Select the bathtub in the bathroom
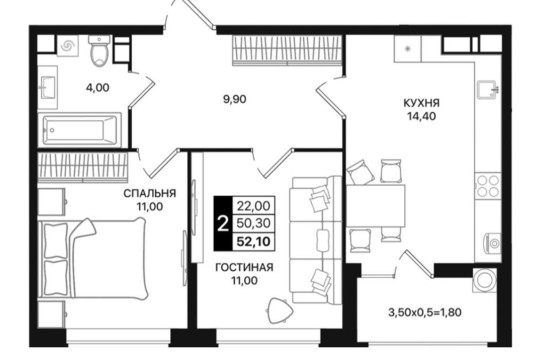pyautogui.click(x=80, y=130)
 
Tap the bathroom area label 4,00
pyautogui.click(x=97, y=88)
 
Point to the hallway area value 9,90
pyautogui.click(x=235, y=100)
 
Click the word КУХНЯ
pyautogui.click(x=422, y=103)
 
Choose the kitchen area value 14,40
pyautogui.click(x=422, y=116)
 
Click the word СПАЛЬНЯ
pyautogui.click(x=149, y=193)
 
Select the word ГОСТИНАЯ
pyautogui.click(x=244, y=267)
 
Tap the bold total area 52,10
pyautogui.click(x=253, y=241)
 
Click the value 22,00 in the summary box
pyautogui.click(x=253, y=206)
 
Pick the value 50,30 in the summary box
pyautogui.click(x=253, y=224)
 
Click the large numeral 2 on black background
pyautogui.click(x=223, y=224)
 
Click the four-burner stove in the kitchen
pyautogui.click(x=487, y=186)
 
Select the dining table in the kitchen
pyautogui.click(x=376, y=206)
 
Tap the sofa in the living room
pyautogui.click(x=316, y=240)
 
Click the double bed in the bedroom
pyautogui.click(x=93, y=258)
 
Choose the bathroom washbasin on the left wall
pyautogui.click(x=48, y=87)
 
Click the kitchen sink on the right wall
pyautogui.click(x=487, y=91)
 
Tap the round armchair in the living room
pyautogui.click(x=280, y=311)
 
